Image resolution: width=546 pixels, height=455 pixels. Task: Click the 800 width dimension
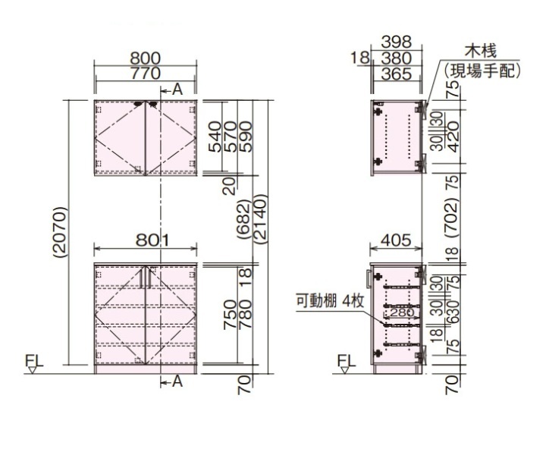(x=146, y=58)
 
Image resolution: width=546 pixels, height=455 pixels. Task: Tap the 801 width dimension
(x=146, y=240)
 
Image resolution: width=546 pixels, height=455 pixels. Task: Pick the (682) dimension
(x=243, y=219)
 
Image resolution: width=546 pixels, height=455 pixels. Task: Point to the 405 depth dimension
(x=397, y=240)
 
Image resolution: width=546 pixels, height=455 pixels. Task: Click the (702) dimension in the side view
(x=452, y=215)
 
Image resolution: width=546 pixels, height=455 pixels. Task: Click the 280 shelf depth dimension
(x=403, y=311)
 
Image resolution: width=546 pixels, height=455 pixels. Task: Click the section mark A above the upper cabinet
(x=177, y=89)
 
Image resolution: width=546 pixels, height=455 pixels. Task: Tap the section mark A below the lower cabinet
(x=177, y=381)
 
